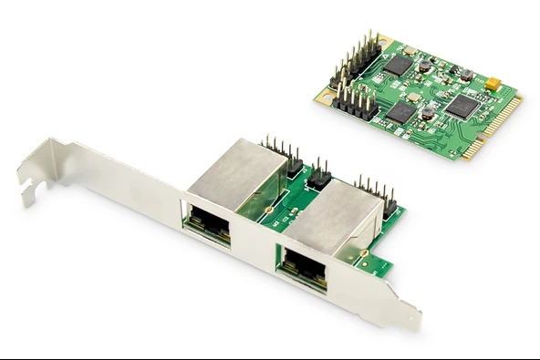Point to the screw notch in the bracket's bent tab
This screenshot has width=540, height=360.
[34, 190]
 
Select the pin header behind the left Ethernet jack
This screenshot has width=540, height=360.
[283, 156]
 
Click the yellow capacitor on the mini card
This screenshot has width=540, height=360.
[493, 84]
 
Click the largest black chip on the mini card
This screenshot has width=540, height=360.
[462, 107]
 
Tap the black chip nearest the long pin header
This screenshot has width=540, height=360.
[398, 64]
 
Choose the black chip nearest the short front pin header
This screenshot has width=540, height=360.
[400, 111]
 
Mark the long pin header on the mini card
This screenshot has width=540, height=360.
[360, 59]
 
